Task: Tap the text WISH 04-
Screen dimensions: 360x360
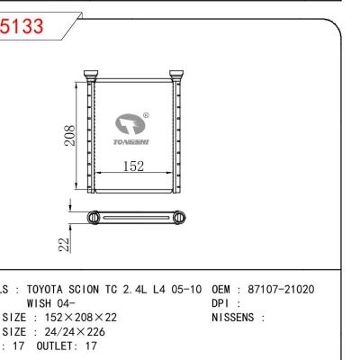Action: click(x=55, y=303)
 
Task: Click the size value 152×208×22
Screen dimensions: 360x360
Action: click(x=82, y=317)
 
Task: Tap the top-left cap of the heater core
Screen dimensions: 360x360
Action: click(x=91, y=74)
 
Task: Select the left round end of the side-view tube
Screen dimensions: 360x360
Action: click(x=94, y=217)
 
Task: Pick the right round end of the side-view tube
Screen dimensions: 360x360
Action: click(x=179, y=217)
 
